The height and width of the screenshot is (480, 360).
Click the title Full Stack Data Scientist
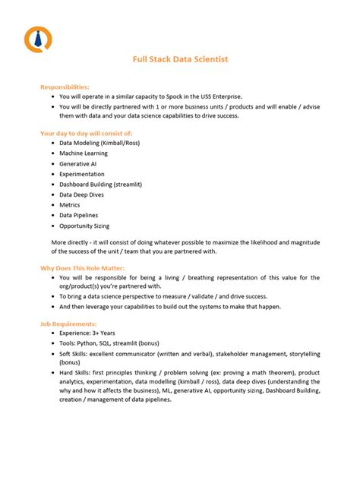180,58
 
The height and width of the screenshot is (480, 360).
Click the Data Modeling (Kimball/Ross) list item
99,142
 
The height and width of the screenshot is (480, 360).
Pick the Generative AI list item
78,163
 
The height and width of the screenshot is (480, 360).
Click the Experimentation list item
82,174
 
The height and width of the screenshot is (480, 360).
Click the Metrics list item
70,205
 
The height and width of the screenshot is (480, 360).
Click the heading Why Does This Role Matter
82,268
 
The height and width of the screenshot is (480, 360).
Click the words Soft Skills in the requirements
74,355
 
